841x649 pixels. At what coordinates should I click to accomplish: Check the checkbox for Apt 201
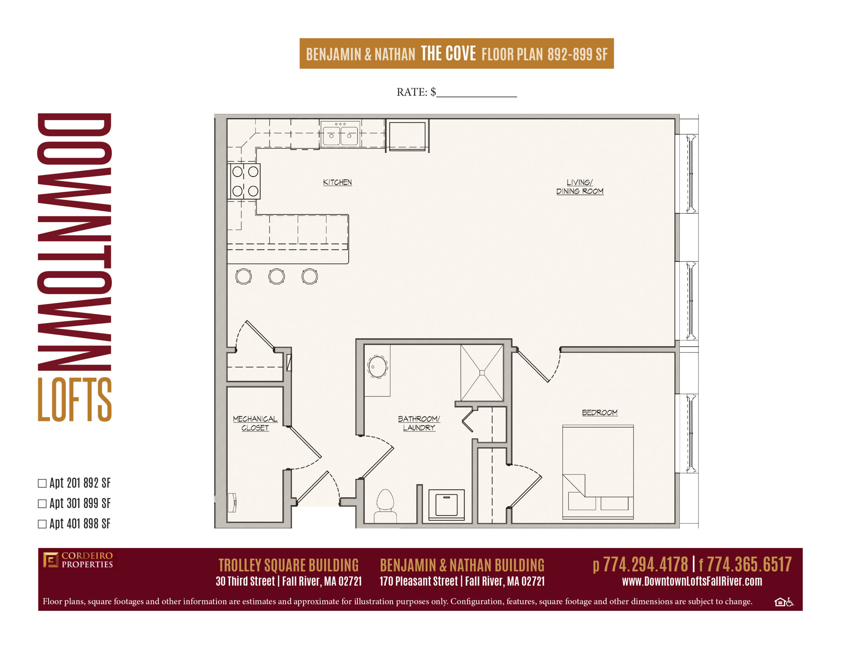42,483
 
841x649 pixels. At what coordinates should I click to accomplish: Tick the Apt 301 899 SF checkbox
42,504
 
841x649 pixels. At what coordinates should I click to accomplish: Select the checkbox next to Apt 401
42,524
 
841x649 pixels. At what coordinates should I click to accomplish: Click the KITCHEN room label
337,182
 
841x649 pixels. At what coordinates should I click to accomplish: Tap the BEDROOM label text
600,412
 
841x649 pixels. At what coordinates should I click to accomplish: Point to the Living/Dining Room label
580,187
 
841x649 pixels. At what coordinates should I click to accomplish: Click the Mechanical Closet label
255,423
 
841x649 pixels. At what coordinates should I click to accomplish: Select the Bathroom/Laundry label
419,423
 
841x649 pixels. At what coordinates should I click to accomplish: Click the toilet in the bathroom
385,506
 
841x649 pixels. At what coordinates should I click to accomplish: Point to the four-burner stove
244,181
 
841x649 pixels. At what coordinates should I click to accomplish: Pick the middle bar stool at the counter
277,276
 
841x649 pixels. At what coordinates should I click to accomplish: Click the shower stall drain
482,372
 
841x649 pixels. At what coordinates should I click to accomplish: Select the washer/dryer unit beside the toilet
446,504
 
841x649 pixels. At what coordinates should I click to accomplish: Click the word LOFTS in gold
75,399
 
